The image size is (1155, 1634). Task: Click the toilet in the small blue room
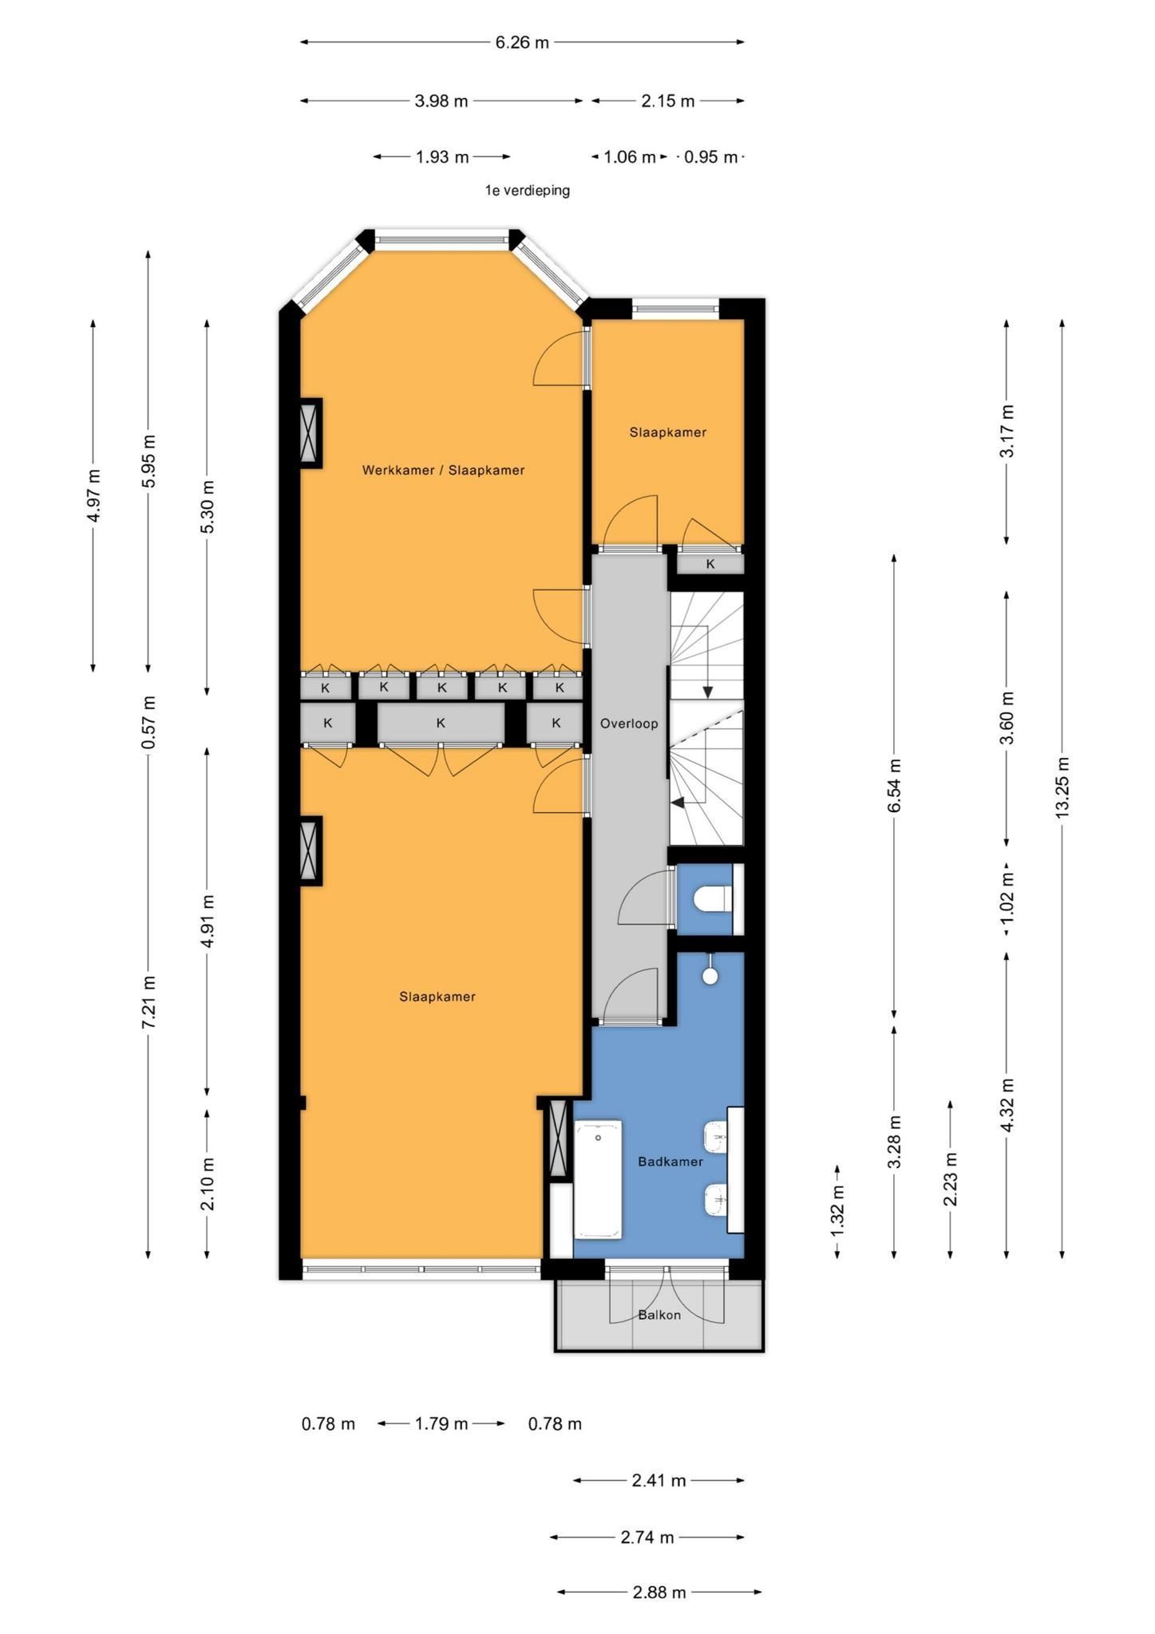tap(713, 899)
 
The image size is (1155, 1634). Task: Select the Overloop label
tap(629, 724)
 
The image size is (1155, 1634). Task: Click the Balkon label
tap(659, 1315)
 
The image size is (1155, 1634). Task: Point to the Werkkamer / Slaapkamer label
tap(443, 470)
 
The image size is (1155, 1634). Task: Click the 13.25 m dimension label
tap(1062, 787)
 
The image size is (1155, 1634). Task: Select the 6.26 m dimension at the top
tap(522, 42)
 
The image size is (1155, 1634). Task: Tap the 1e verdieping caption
tap(527, 191)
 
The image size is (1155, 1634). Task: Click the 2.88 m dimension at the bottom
tap(659, 1593)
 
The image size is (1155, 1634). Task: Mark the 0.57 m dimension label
tap(148, 723)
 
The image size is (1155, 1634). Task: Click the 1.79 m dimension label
tap(441, 1423)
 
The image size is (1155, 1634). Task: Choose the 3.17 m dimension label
tap(1007, 431)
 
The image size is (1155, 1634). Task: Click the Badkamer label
tap(670, 1162)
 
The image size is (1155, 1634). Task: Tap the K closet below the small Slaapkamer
tap(710, 563)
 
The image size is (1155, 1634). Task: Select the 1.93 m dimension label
tap(442, 157)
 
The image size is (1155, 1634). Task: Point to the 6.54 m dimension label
tap(894, 785)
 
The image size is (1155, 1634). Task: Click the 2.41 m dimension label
tap(659, 1481)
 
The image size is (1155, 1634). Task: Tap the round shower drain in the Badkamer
tap(710, 976)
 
